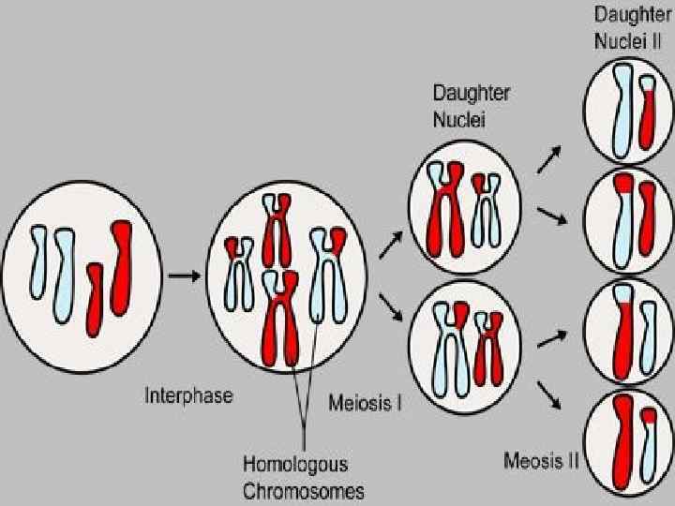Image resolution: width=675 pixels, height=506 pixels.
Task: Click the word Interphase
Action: pyautogui.click(x=188, y=395)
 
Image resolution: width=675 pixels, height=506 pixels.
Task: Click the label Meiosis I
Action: pyautogui.click(x=366, y=404)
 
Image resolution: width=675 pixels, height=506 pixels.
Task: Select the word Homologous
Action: pyautogui.click(x=295, y=464)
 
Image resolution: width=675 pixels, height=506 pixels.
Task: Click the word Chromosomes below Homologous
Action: pyautogui.click(x=304, y=489)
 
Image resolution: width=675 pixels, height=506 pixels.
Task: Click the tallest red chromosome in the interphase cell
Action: pyautogui.click(x=121, y=267)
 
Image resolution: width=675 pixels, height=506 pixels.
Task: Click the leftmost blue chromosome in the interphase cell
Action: pyautogui.click(x=38, y=262)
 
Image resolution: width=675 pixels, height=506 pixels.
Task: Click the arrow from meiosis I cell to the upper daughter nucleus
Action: pyautogui.click(x=390, y=246)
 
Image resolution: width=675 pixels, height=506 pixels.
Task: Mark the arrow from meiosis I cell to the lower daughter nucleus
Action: pyautogui.click(x=390, y=306)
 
